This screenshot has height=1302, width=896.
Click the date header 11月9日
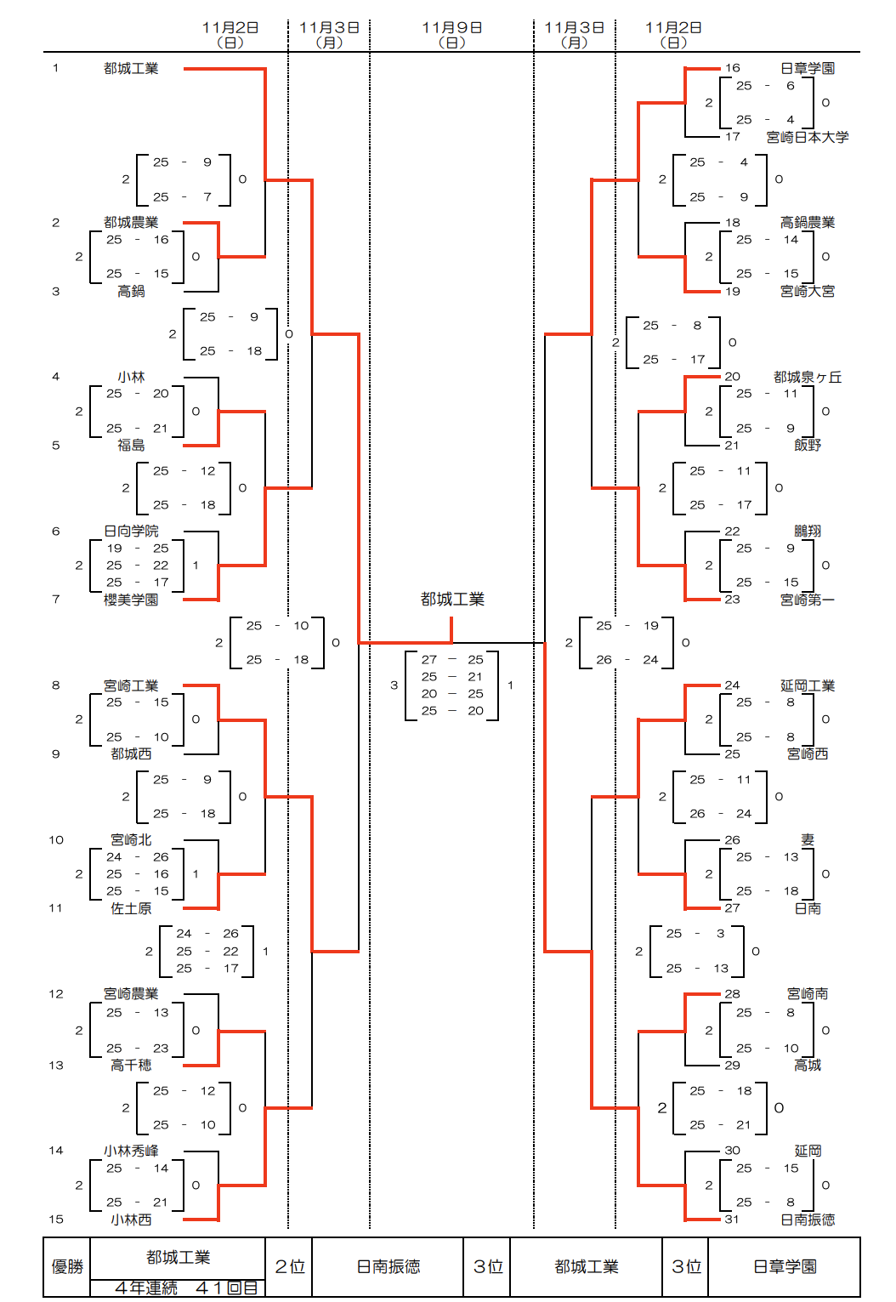pyautogui.click(x=451, y=28)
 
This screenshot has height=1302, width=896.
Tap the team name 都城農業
pyautogui.click(x=131, y=223)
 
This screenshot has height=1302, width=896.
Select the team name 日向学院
pyautogui.click(x=131, y=532)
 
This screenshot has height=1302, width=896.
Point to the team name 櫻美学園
pyautogui.click(x=131, y=600)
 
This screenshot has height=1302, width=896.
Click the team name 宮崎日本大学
pyautogui.click(x=807, y=137)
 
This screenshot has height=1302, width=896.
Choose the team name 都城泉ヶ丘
pyautogui.click(x=807, y=377)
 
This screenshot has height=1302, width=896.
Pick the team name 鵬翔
pyautogui.click(x=807, y=532)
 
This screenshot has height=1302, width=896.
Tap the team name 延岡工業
pyautogui.click(x=807, y=685)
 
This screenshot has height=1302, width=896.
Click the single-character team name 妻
pyautogui.click(x=807, y=839)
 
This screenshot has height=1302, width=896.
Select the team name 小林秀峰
pyautogui.click(x=131, y=1151)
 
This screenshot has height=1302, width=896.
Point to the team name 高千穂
pyautogui.click(x=131, y=1066)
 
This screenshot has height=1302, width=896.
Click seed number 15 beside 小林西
pyautogui.click(x=56, y=1220)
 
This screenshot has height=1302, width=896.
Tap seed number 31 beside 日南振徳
pyautogui.click(x=732, y=1220)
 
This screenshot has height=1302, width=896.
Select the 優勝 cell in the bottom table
pyautogui.click(x=67, y=1267)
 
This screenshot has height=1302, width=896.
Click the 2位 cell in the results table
pyautogui.click(x=290, y=1267)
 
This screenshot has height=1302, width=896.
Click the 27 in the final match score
pyautogui.click(x=429, y=660)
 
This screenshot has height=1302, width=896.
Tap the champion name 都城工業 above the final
pyautogui.click(x=452, y=600)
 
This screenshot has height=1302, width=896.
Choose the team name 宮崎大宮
pyautogui.click(x=807, y=292)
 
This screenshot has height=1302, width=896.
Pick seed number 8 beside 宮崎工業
pyautogui.click(x=56, y=685)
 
